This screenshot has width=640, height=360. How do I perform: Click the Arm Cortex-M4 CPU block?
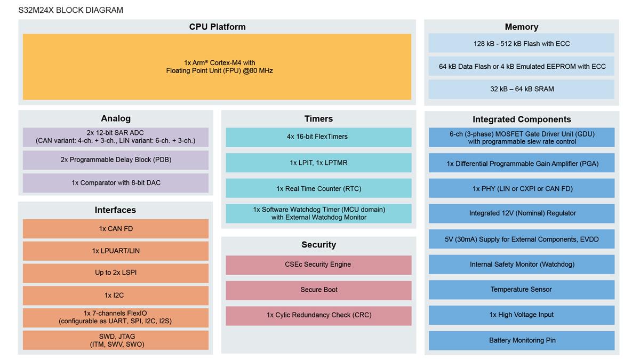click(x=217, y=67)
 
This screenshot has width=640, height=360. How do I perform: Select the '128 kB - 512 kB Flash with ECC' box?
click(x=521, y=43)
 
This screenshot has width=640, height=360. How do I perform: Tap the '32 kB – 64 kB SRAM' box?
click(x=521, y=89)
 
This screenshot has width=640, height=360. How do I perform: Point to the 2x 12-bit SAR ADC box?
click(x=115, y=137)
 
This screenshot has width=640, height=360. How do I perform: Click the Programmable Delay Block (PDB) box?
click(x=115, y=160)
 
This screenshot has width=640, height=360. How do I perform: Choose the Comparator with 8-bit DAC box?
click(x=115, y=183)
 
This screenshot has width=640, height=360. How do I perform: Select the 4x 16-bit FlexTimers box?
click(x=318, y=137)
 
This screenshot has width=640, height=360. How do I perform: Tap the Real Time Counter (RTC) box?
click(x=318, y=188)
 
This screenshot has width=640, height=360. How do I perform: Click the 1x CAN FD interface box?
click(x=115, y=229)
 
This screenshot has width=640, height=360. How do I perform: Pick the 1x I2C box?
click(x=115, y=295)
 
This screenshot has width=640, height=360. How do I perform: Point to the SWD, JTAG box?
click(x=115, y=340)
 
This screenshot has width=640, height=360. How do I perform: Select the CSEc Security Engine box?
click(x=318, y=265)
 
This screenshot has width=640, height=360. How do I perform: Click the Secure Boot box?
click(x=318, y=290)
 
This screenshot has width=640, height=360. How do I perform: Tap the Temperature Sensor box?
click(x=521, y=290)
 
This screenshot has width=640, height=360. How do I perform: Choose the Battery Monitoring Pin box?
click(x=521, y=340)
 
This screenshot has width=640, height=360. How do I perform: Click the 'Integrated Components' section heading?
click(x=521, y=119)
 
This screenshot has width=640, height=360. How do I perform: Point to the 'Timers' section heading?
click(x=318, y=119)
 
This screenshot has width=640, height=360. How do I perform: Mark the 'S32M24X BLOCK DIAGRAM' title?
click(x=70, y=10)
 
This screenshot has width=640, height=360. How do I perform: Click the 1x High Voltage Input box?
click(x=521, y=315)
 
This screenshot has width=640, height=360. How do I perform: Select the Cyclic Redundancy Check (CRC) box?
click(x=318, y=315)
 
